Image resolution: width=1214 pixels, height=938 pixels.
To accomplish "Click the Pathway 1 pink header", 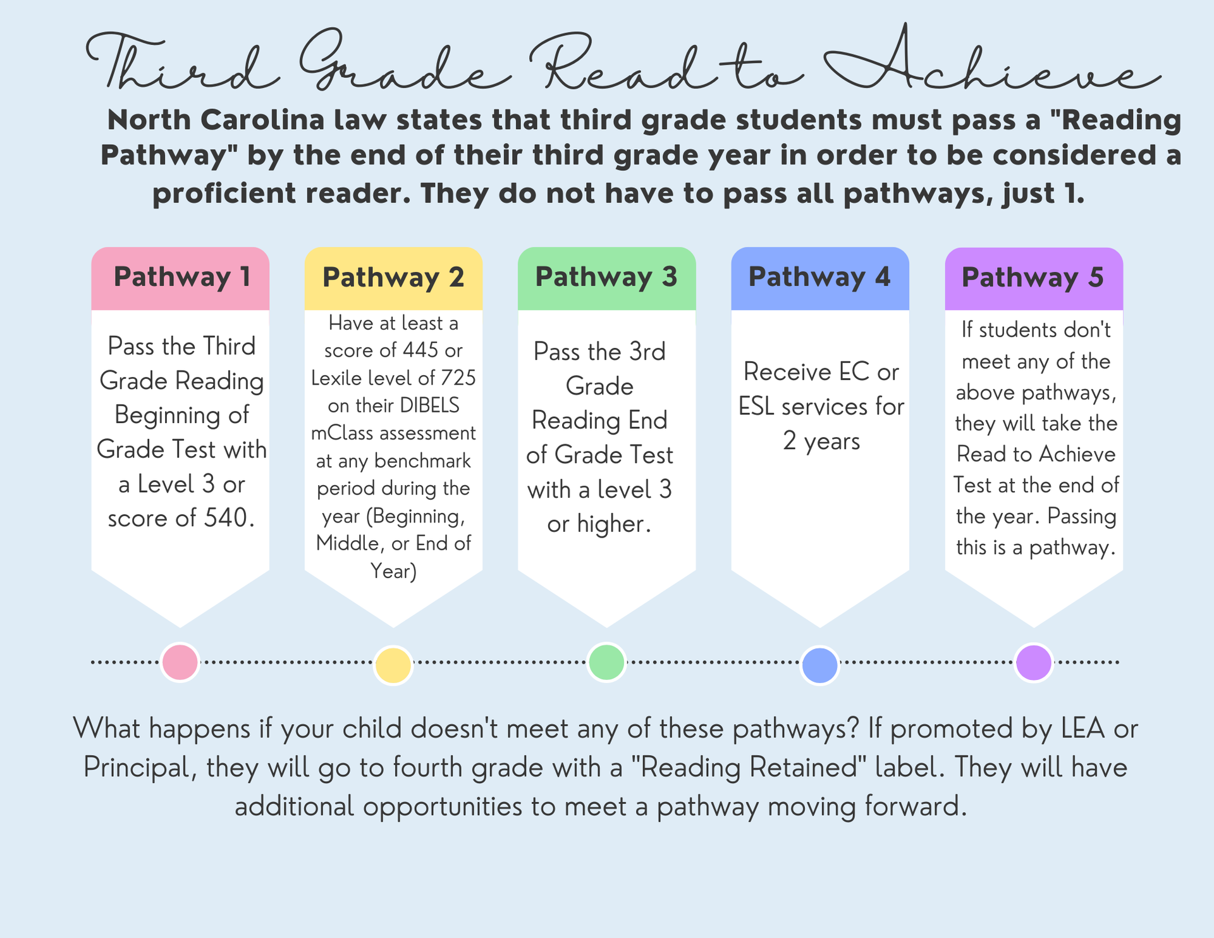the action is [x=180, y=278].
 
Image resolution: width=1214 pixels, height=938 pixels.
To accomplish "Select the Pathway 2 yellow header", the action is [x=393, y=278].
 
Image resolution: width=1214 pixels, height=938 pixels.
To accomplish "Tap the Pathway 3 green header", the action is [x=606, y=278].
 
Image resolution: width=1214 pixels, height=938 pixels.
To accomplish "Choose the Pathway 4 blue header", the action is [x=820, y=278].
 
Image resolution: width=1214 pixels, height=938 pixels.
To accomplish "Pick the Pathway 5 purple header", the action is [x=1034, y=278].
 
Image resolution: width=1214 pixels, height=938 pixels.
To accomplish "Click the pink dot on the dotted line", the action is [x=180, y=662].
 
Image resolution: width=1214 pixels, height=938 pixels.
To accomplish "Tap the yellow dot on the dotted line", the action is [x=393, y=665].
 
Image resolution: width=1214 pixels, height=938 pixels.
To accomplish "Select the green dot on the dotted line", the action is [x=606, y=662].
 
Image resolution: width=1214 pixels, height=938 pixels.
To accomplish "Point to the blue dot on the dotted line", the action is [x=820, y=665].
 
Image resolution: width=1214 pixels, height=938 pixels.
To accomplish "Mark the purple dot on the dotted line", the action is [x=1034, y=662].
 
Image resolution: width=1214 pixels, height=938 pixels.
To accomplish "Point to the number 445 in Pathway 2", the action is [x=420, y=350].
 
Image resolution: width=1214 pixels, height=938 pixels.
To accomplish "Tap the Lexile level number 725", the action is [x=458, y=378].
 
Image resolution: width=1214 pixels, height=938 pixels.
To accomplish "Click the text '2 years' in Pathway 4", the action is [x=821, y=441].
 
